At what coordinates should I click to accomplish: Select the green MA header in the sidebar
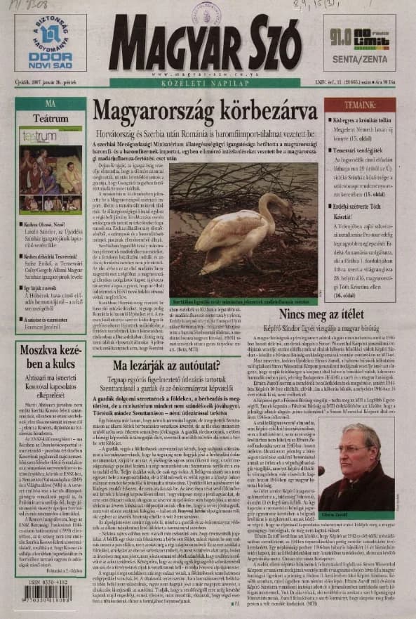pyautogui.click(x=50, y=103)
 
